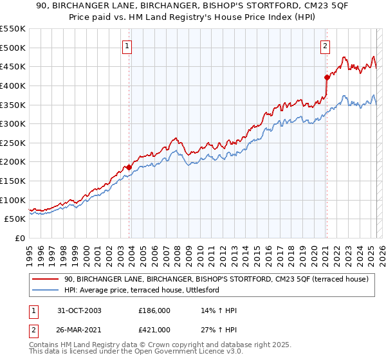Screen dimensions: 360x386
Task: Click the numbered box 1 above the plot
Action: (x=127, y=46)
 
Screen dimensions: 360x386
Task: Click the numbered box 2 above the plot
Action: (x=326, y=46)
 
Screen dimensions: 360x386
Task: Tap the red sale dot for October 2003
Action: (x=129, y=167)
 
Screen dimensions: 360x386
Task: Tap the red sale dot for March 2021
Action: (x=326, y=78)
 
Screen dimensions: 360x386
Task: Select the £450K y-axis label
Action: (x=13, y=66)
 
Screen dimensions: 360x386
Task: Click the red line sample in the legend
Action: (x=46, y=279)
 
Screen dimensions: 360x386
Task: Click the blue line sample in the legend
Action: (x=46, y=291)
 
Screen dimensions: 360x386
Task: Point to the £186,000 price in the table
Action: (x=154, y=310)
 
